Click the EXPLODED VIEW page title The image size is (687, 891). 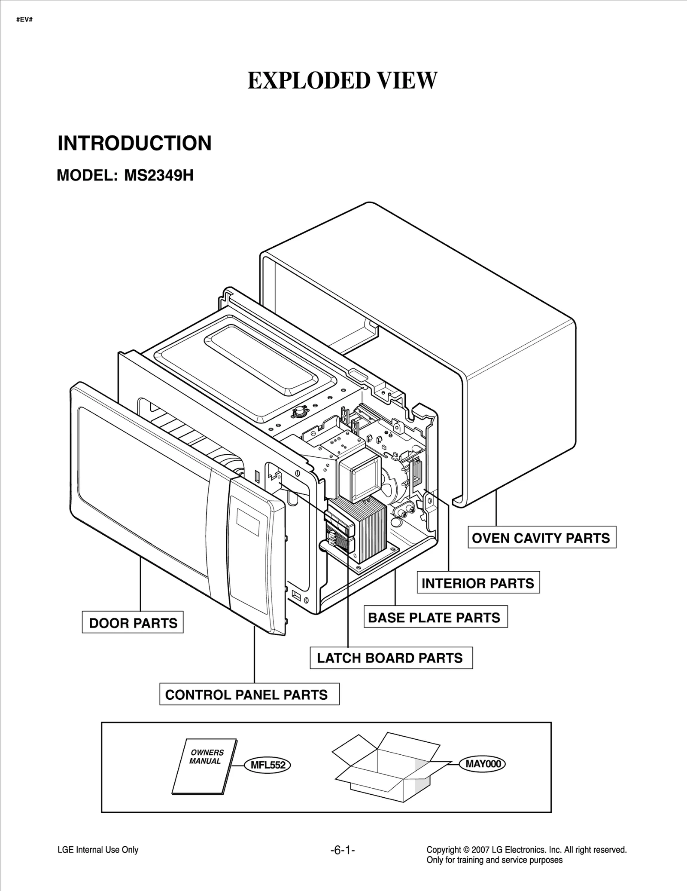342,81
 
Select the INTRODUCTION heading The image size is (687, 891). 134,143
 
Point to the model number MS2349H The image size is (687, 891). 158,175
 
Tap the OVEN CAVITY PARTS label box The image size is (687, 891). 541,538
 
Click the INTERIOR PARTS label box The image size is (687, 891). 478,583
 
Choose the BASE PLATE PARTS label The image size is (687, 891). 435,618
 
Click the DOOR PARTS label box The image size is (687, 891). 133,623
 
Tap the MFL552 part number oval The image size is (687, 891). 268,765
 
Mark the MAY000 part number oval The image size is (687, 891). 483,764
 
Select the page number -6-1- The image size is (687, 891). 342,850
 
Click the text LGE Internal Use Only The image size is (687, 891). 98,850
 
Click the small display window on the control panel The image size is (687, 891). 248,522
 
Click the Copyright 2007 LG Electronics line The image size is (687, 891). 526,849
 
